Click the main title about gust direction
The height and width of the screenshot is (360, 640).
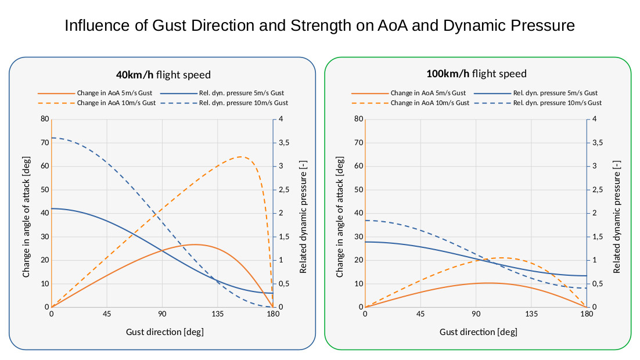tap(319, 26)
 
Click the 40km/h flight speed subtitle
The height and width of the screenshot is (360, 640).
tap(163, 74)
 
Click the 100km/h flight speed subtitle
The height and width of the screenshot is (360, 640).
tap(476, 74)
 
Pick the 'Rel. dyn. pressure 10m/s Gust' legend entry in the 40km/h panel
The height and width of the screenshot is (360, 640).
tap(243, 103)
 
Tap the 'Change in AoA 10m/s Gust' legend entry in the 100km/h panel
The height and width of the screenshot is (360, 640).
tap(430, 103)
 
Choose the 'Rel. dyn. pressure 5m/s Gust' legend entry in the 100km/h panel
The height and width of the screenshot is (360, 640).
tap(555, 93)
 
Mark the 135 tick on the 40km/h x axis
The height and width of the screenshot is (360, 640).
tap(217, 314)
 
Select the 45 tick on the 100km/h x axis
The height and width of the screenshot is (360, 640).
tap(420, 314)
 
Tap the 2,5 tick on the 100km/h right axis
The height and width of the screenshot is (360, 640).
tap(598, 190)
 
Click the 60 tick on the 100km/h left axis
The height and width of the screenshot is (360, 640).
tap(358, 166)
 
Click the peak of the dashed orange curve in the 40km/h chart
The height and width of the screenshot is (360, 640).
tap(241, 157)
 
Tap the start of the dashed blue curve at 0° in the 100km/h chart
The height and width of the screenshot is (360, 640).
tap(365, 221)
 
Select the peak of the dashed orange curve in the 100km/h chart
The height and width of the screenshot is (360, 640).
tap(501, 258)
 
